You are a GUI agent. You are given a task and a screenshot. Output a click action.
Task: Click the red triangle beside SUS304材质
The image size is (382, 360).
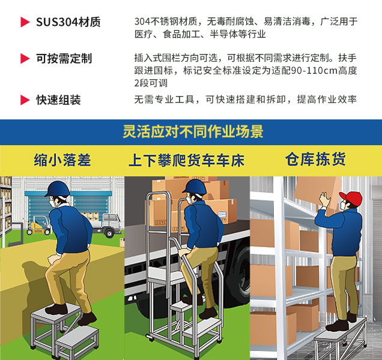point(25,22)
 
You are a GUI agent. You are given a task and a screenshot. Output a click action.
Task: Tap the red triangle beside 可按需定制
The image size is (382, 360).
point(25,58)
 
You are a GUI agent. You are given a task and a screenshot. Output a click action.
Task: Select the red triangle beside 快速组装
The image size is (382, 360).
point(25,100)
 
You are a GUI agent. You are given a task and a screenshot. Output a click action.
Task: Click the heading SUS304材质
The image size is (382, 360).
point(68,22)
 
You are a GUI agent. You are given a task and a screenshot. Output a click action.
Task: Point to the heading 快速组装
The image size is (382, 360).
point(58,100)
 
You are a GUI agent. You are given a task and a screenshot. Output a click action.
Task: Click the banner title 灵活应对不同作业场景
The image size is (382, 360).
point(193,131)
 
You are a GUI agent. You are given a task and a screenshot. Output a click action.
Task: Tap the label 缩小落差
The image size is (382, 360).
point(62,160)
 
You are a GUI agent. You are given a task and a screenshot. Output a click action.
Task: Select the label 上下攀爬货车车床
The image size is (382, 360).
point(187,160)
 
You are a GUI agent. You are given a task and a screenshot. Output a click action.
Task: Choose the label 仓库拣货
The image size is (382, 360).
point(315,159)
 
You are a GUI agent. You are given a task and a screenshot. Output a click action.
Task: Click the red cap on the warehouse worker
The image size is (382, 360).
point(351,198)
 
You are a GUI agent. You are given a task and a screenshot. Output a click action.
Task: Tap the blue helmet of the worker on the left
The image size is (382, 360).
point(58,189)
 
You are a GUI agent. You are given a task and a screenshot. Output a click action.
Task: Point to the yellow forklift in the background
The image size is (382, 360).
point(39,226)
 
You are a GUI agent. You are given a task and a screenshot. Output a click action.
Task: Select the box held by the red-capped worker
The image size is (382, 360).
point(318,194)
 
